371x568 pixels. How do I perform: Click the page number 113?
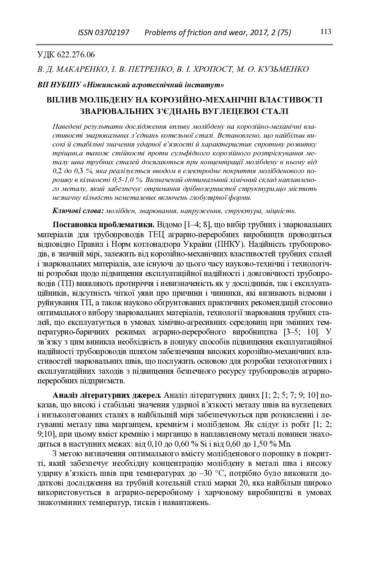(326, 32)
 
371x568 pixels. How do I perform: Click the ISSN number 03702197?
(112, 33)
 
